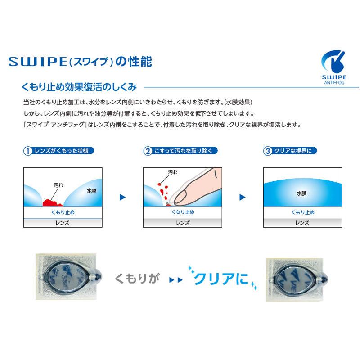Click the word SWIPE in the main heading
pos(36,60)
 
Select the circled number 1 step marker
pos(27,151)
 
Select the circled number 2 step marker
pos(147,151)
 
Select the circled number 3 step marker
pos(268,151)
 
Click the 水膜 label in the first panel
pos(91,191)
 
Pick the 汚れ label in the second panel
pos(172,172)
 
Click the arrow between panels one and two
pos(122,197)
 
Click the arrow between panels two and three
pos(243,197)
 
